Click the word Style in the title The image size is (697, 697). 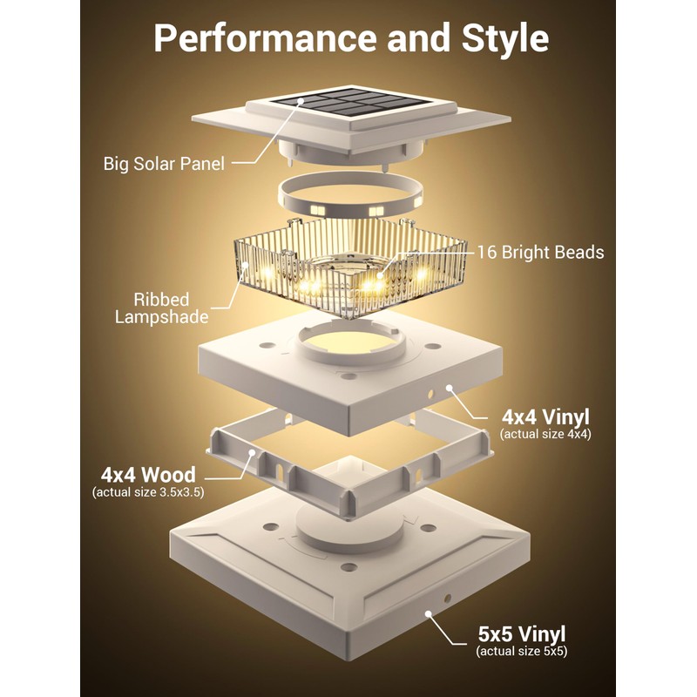[498, 39]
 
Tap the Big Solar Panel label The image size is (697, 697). [165, 163]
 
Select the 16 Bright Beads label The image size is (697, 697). [539, 253]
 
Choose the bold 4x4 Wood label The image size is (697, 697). [148, 475]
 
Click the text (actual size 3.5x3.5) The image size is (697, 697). [148, 493]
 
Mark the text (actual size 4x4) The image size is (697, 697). [545, 433]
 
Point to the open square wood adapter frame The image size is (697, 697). [348, 470]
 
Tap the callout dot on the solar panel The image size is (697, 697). [301, 102]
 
